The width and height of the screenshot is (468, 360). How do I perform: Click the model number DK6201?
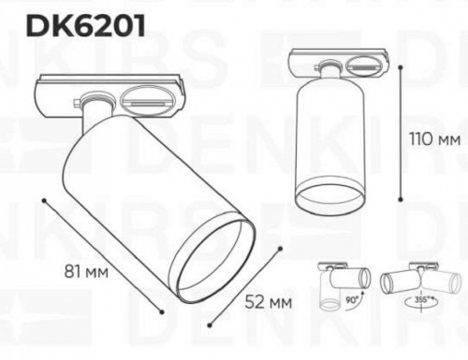point(85,26)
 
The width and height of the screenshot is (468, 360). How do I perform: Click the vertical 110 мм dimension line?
point(402,131)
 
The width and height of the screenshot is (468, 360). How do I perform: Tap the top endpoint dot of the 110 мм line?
point(402,64)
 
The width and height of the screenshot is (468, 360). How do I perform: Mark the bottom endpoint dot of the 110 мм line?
point(402,199)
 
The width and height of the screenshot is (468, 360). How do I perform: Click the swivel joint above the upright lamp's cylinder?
point(329,75)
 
